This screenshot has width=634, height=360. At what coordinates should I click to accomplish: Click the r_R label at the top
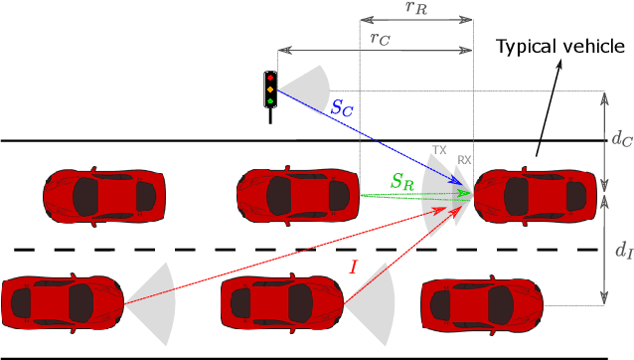coord(415,8)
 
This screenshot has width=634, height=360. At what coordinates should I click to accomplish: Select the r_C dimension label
coord(378,38)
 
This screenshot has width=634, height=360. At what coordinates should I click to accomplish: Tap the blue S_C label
coord(342,108)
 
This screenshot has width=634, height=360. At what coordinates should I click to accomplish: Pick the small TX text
coord(439,150)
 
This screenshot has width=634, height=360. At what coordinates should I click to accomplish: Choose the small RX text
coord(464,159)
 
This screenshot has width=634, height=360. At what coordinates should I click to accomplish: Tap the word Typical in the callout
coord(526,46)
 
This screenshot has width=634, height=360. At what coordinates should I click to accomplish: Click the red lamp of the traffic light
coord(269,78)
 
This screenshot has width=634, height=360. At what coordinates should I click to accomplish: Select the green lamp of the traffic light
coord(269,100)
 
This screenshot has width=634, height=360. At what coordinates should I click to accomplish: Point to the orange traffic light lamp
coord(269,90)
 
